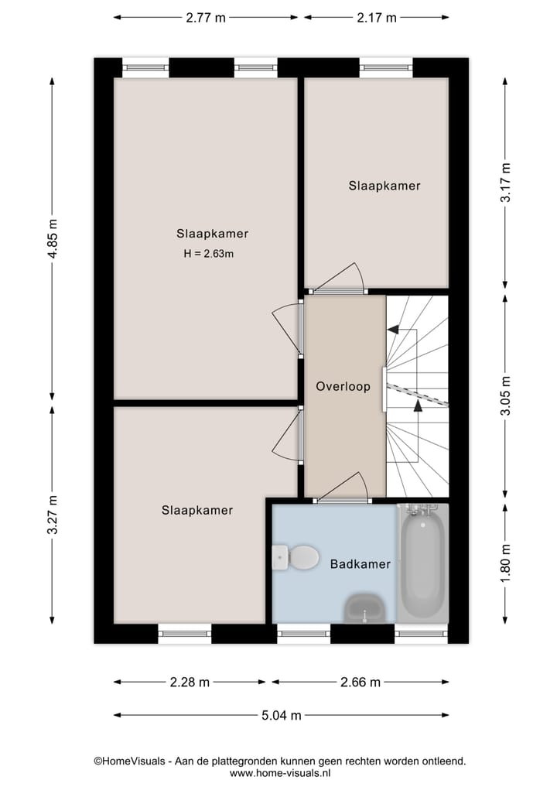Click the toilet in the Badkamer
297,556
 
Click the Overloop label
343,386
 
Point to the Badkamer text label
360,564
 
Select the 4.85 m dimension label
53,240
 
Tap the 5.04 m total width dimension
281,715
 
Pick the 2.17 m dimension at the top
376,18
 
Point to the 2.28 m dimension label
190,682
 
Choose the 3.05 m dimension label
505,395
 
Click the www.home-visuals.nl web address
280,772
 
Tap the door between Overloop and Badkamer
340,489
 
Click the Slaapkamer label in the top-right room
384,186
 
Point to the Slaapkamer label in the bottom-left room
197,510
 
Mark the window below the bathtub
421,634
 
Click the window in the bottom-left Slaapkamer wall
185,634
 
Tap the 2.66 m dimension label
360,682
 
